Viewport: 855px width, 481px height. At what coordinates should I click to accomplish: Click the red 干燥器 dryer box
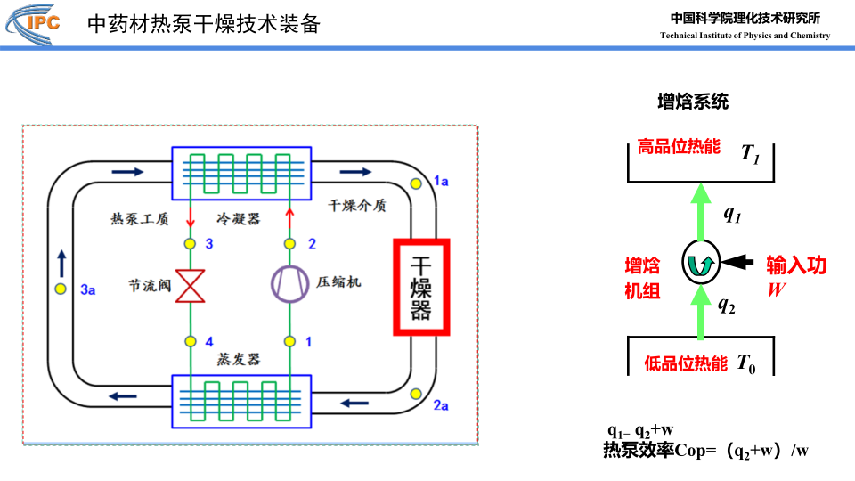click(421, 286)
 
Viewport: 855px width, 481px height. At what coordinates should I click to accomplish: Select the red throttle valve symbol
click(190, 285)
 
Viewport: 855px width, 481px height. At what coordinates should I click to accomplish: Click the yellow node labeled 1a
click(417, 183)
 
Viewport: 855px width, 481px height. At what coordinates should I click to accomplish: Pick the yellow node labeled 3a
click(61, 289)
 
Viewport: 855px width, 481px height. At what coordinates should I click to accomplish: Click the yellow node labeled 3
click(190, 243)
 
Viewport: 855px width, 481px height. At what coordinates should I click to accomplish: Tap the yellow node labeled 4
click(190, 341)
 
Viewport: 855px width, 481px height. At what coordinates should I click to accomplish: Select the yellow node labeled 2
click(289, 243)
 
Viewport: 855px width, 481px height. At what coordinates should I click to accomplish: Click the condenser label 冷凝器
click(238, 218)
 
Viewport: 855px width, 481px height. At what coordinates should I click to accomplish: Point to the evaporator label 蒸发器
click(238, 359)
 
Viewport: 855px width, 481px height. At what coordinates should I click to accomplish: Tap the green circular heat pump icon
click(700, 262)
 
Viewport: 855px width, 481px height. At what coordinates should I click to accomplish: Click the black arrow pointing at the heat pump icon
click(737, 262)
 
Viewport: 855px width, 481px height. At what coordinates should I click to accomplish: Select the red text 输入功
click(797, 265)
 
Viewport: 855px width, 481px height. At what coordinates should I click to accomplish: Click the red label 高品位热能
click(679, 147)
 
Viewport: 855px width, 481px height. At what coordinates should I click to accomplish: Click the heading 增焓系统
click(693, 102)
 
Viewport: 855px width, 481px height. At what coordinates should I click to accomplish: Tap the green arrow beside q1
click(700, 210)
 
